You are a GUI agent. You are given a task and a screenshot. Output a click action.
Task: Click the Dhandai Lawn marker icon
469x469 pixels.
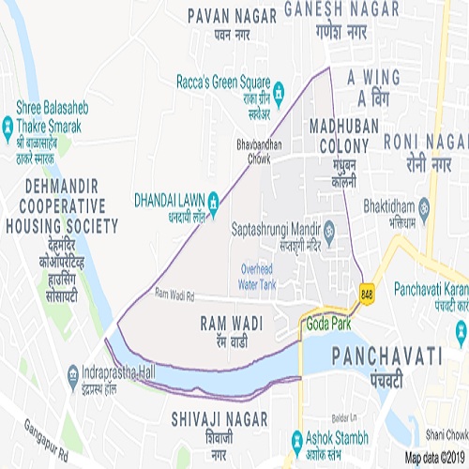click(x=214, y=199)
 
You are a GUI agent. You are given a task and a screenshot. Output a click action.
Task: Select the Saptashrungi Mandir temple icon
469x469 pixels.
click(x=329, y=229)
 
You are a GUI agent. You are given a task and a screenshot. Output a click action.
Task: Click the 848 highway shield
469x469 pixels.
click(x=362, y=296)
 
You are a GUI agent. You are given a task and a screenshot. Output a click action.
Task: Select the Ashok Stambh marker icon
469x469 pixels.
click(x=296, y=438)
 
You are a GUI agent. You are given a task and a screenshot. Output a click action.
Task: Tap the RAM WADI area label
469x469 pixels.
click(x=231, y=323)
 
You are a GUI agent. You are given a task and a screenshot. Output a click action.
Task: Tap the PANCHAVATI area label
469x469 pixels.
click(x=386, y=356)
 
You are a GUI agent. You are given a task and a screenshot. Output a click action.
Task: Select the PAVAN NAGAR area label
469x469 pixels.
click(x=232, y=15)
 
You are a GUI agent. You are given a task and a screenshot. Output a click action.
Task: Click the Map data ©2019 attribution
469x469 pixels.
click(x=434, y=458)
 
